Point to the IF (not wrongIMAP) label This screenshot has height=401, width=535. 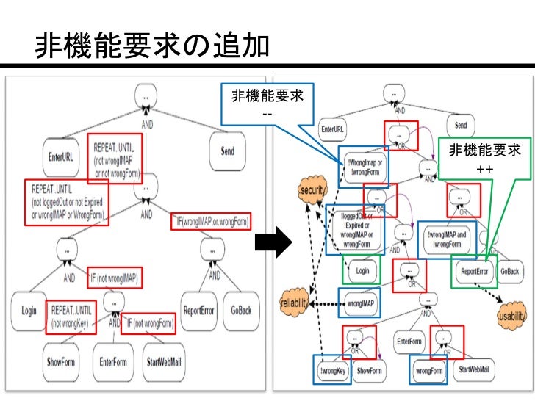pos(114,278)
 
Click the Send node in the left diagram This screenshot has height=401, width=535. pos(228,151)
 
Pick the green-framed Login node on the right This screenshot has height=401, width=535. pos(362,270)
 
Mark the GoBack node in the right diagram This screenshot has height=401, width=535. pos(509,270)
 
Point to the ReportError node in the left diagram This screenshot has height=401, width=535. pos(198,309)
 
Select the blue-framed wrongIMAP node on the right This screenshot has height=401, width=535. pos(360,302)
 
